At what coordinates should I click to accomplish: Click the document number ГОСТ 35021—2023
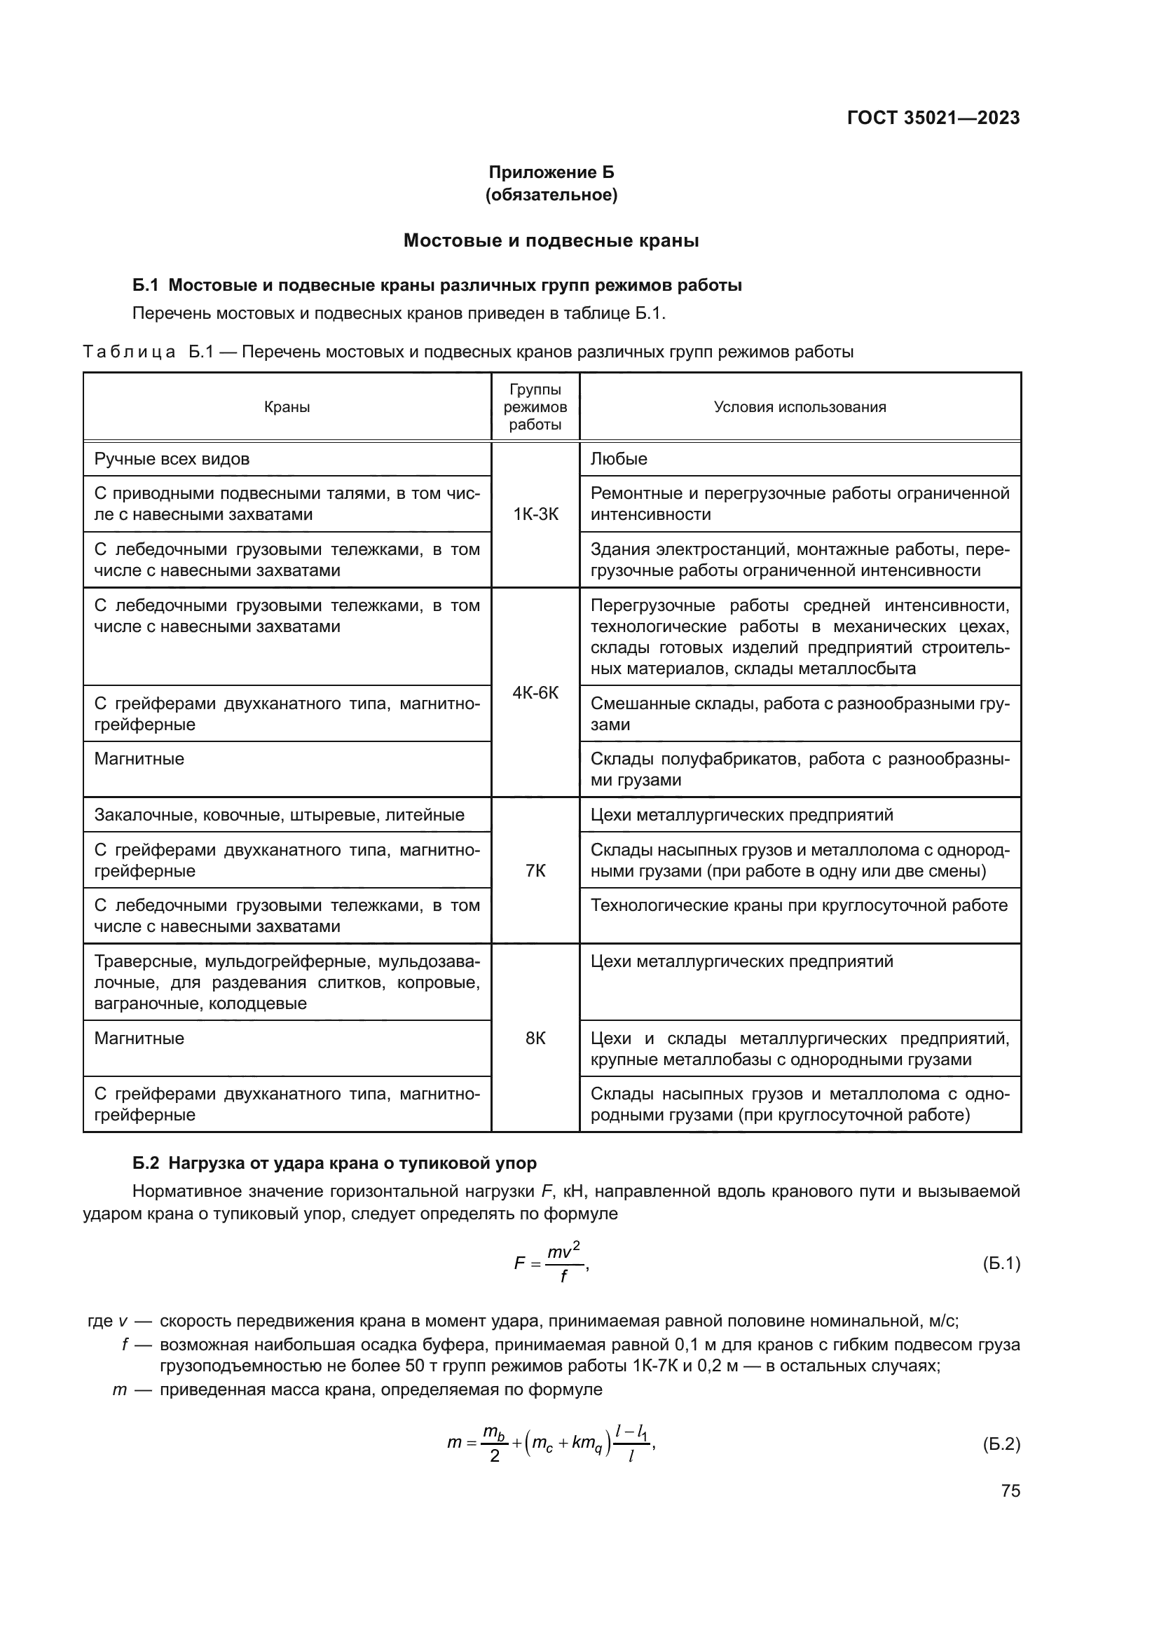(x=933, y=118)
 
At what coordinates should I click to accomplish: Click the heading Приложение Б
(x=551, y=172)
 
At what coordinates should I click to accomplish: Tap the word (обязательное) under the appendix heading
(x=551, y=195)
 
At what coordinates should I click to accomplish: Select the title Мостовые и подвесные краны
(x=551, y=240)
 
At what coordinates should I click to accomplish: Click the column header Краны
(x=287, y=407)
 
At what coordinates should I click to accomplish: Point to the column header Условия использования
(x=800, y=407)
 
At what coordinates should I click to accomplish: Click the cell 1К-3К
(x=535, y=514)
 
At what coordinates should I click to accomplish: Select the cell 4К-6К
(x=535, y=692)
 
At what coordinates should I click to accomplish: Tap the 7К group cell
(x=535, y=871)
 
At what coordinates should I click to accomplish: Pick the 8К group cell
(x=535, y=1038)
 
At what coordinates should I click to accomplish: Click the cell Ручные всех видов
(x=172, y=459)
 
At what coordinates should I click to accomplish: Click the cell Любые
(x=619, y=459)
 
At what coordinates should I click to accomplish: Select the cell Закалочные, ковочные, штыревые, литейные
(x=279, y=815)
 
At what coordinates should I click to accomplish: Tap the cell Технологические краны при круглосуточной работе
(x=799, y=905)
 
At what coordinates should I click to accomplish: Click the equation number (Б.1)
(x=1001, y=1263)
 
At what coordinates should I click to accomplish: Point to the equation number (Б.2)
(x=1001, y=1444)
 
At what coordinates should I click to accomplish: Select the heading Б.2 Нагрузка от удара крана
(x=334, y=1163)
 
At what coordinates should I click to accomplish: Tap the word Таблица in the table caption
(x=129, y=352)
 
